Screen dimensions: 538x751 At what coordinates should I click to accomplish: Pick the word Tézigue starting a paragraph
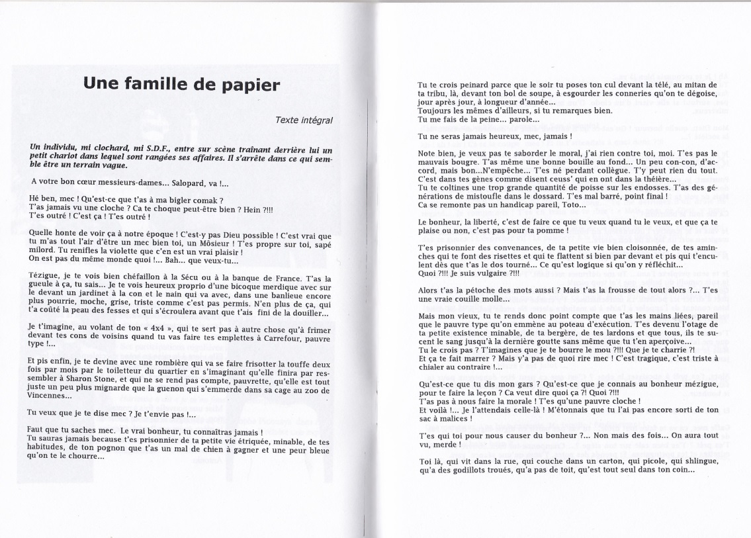43,278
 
